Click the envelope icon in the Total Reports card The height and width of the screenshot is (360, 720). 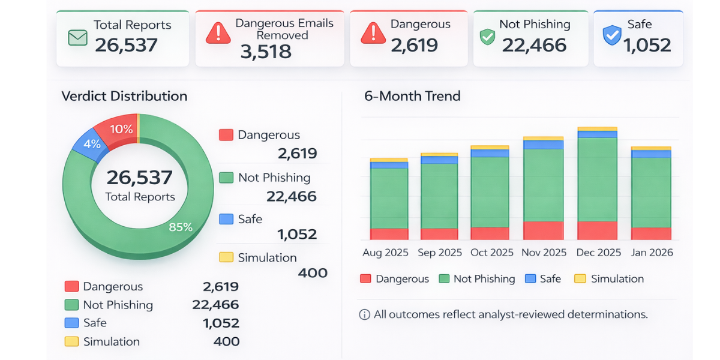click(x=77, y=38)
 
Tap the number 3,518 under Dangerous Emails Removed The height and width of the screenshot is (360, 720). click(x=266, y=52)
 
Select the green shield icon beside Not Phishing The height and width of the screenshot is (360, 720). click(x=487, y=37)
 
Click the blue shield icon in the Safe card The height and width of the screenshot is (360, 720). click(x=611, y=36)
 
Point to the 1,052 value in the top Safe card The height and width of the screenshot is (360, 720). click(x=647, y=45)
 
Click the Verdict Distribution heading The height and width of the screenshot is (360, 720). click(x=124, y=96)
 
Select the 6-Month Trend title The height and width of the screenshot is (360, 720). click(x=412, y=96)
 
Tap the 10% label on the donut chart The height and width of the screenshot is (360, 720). click(x=121, y=129)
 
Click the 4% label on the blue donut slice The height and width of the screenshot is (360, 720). click(x=92, y=144)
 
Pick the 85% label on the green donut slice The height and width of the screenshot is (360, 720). click(x=181, y=227)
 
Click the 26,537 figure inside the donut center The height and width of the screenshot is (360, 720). click(x=140, y=178)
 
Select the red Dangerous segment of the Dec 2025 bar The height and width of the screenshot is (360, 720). click(x=597, y=230)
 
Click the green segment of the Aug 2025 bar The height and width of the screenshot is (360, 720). click(x=389, y=198)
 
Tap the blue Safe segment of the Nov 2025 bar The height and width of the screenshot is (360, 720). click(x=543, y=145)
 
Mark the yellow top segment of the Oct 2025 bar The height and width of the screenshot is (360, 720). click(x=490, y=147)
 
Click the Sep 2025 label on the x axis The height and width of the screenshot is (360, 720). click(x=440, y=253)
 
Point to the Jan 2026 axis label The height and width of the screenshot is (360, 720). click(x=652, y=253)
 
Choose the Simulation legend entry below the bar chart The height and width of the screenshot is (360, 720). click(x=609, y=279)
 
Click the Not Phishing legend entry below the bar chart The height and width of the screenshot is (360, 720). click(x=477, y=279)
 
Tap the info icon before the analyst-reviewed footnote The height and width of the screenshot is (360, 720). click(x=364, y=315)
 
